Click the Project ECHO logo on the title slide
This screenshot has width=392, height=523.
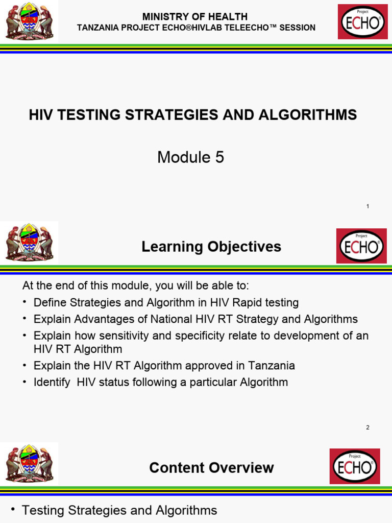362,21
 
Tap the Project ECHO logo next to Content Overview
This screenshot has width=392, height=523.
354,466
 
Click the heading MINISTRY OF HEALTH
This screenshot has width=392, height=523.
195,17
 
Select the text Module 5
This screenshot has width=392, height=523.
190,158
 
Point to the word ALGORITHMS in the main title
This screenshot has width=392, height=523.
308,115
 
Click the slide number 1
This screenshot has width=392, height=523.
367,206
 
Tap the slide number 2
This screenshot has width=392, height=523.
367,427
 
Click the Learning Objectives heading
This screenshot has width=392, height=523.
211,247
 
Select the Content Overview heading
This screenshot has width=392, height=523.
211,468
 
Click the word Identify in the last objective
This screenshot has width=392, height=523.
52,382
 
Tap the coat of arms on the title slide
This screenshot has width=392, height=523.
29,21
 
